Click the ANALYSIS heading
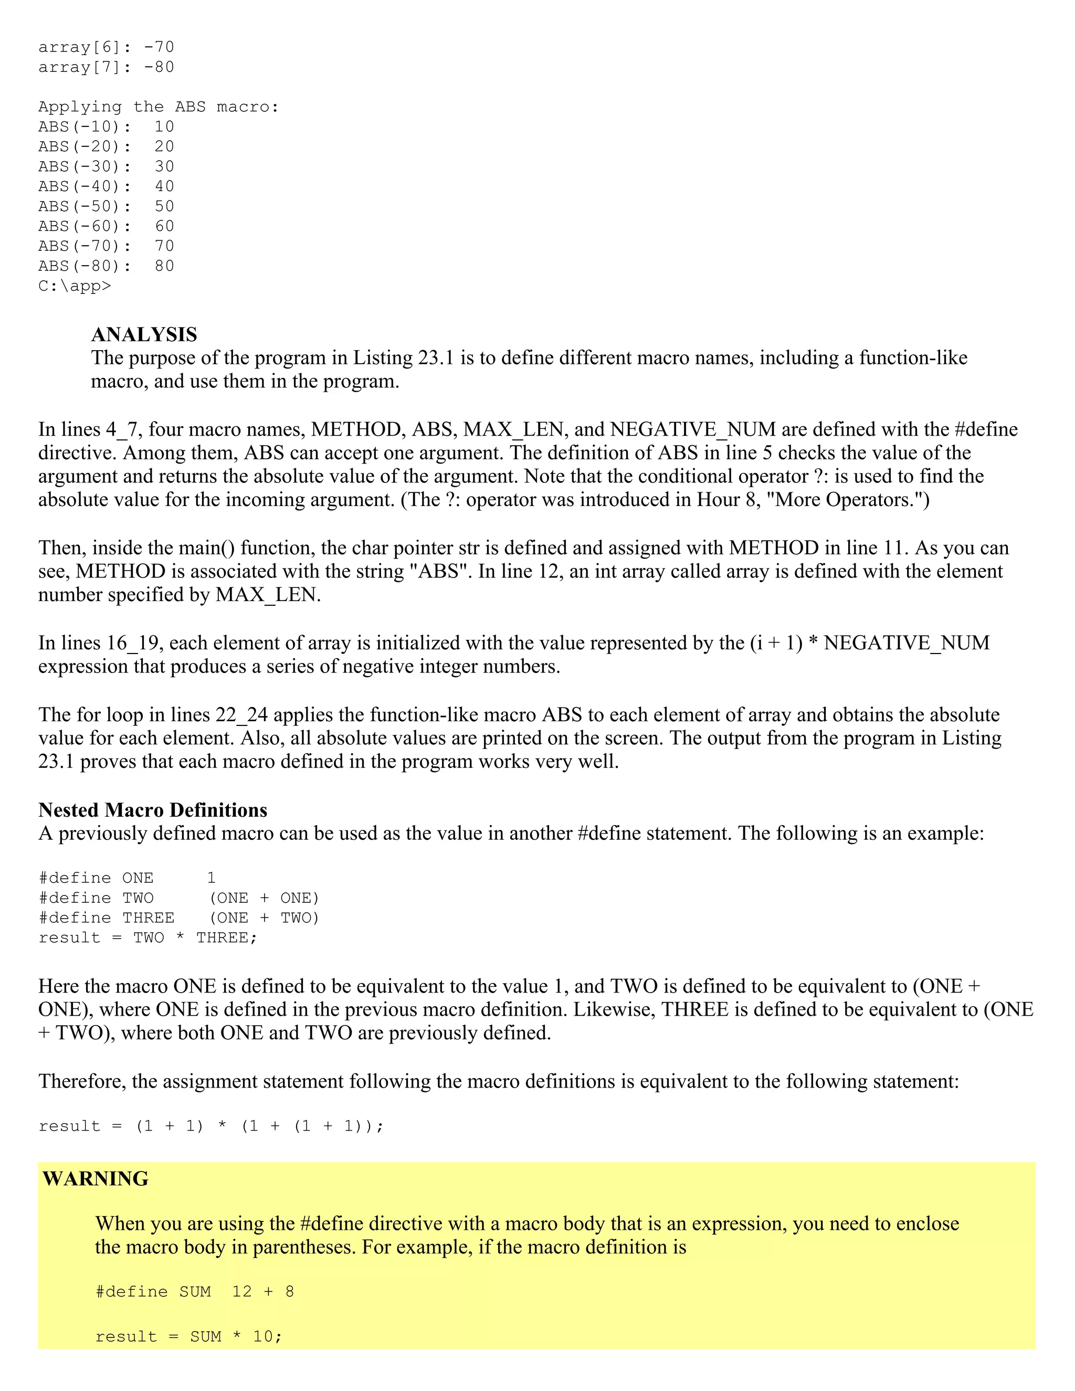[x=144, y=334]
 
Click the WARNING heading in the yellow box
[x=96, y=1179]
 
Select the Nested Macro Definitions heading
[x=153, y=810]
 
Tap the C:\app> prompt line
[x=75, y=286]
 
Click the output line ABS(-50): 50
[x=106, y=206]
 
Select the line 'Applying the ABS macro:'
[x=159, y=107]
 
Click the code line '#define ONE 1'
[x=128, y=878]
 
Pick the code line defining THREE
[x=178, y=918]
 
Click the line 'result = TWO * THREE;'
[x=147, y=938]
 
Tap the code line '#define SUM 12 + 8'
[x=194, y=1292]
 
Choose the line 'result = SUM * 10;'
[x=188, y=1336]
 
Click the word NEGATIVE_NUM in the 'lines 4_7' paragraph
[x=693, y=430]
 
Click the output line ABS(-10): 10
[x=106, y=127]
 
